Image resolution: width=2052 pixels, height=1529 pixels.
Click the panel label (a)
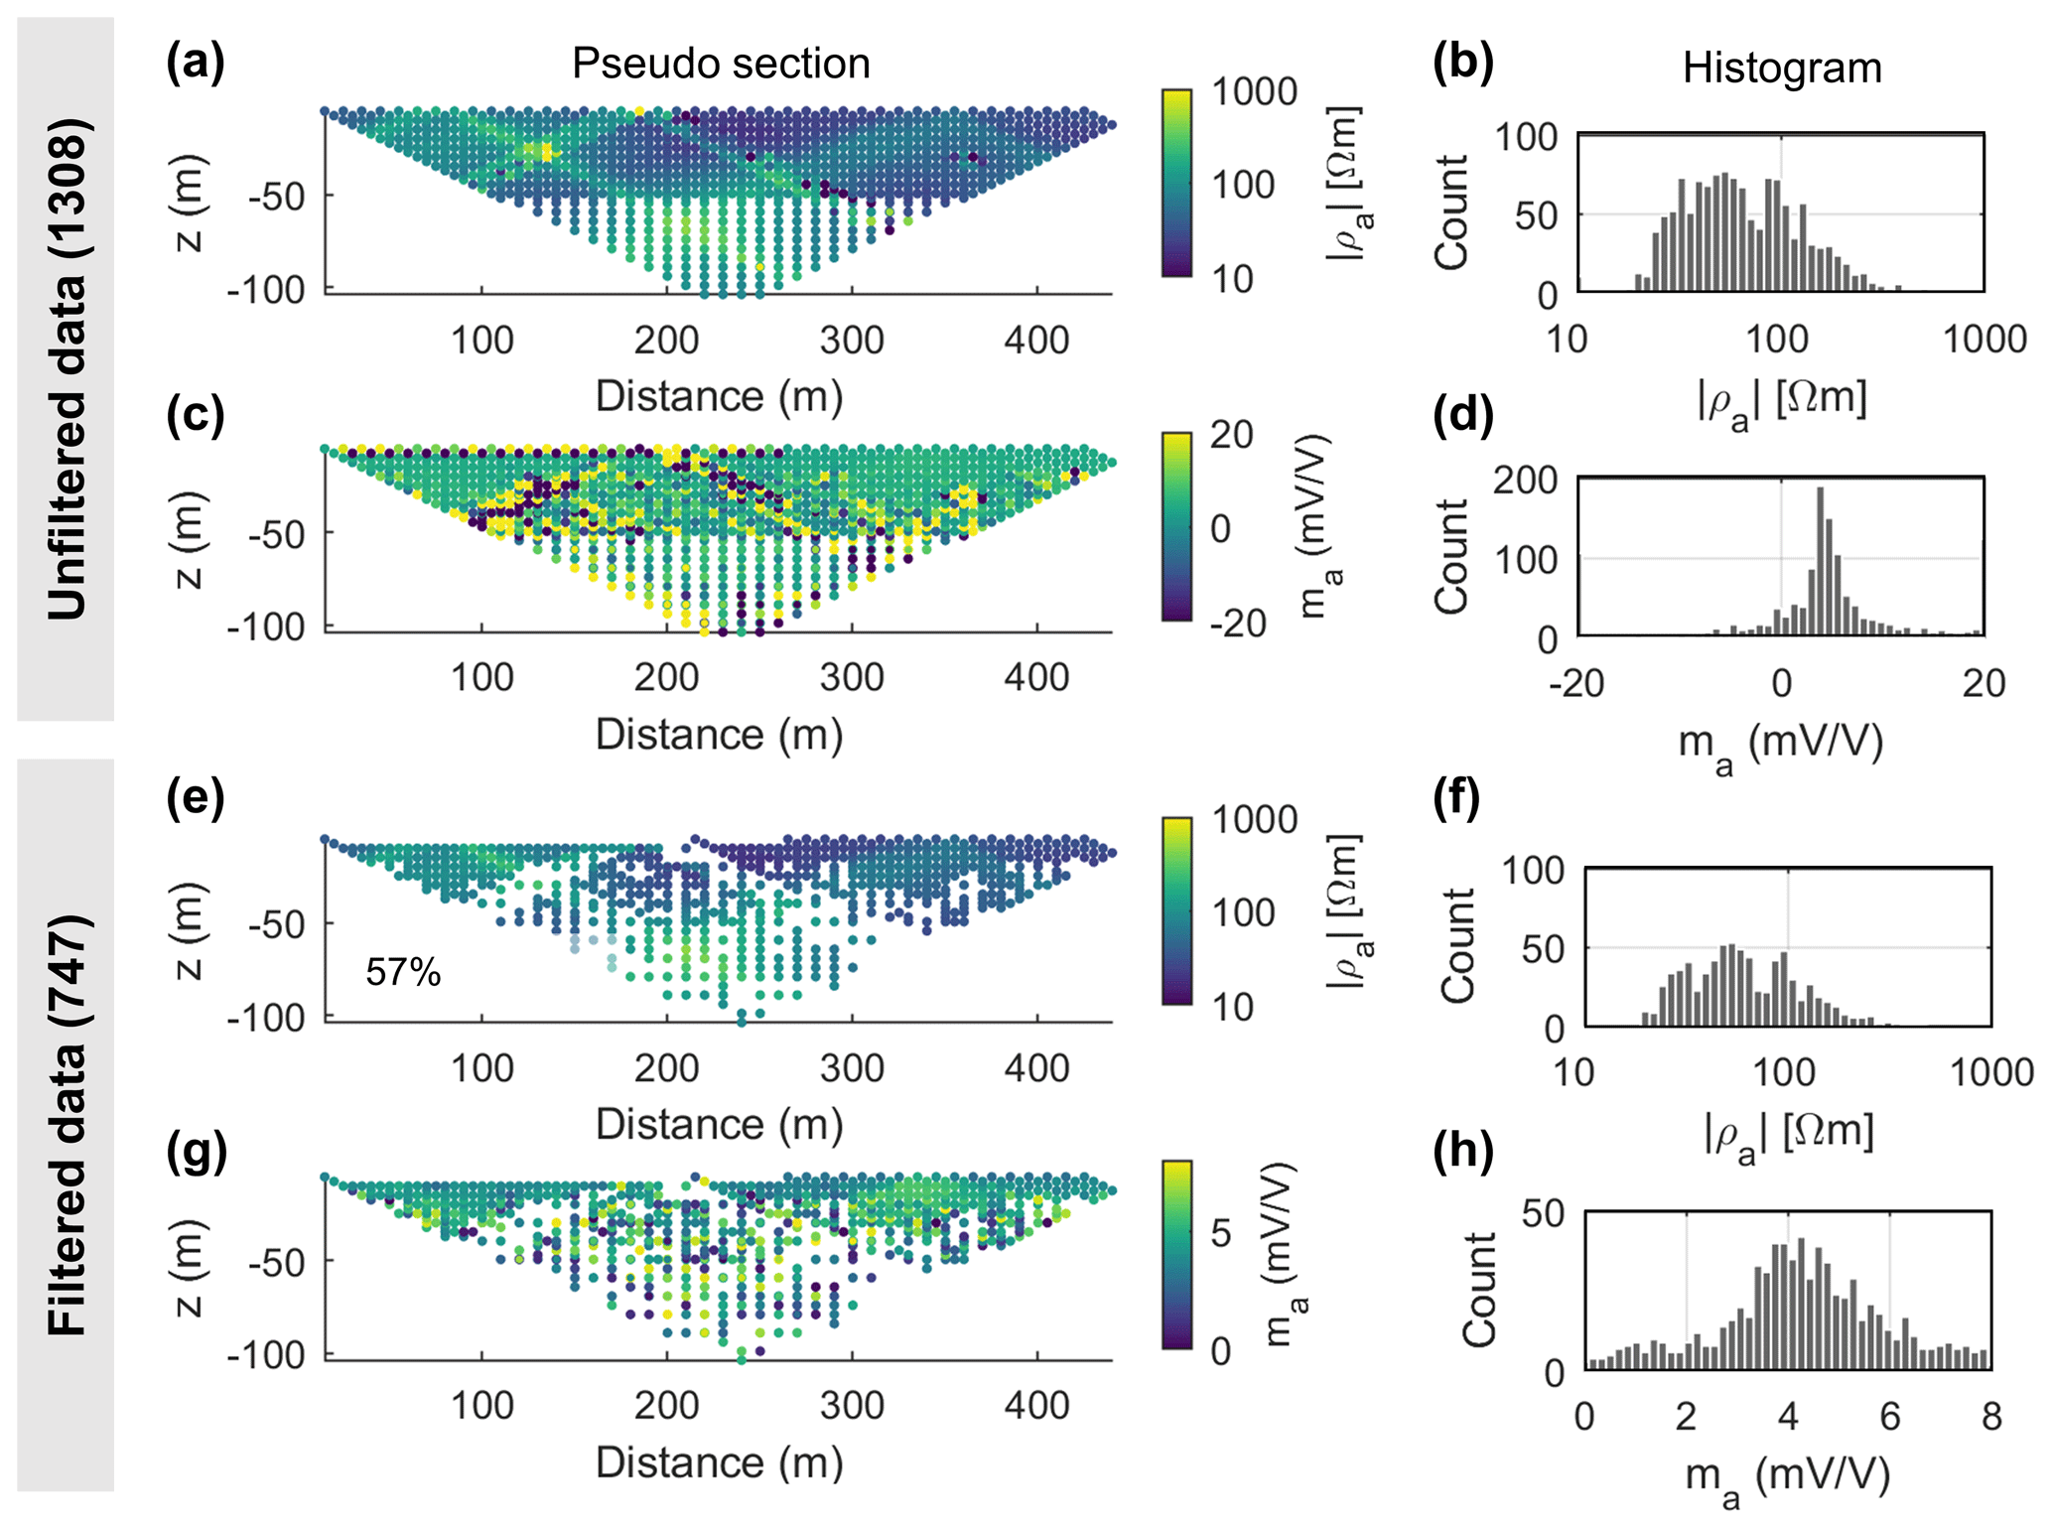coord(196,64)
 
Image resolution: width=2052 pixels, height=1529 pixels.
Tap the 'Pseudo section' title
coord(721,64)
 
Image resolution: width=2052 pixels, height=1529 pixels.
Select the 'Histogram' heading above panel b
coord(1782,69)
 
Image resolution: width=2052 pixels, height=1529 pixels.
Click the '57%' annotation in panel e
coord(403,972)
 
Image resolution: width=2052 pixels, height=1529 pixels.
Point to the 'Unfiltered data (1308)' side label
coord(67,369)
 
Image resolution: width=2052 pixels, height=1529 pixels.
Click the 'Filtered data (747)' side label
coord(67,1125)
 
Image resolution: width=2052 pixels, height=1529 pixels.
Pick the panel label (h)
coord(1462,1152)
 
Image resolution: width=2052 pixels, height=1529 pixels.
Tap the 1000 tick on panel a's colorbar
coord(1255,92)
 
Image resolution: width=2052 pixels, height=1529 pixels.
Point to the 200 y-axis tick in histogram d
coord(1526,481)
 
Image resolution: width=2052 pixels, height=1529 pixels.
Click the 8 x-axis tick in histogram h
coord(1991,1417)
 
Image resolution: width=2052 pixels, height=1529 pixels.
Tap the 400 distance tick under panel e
coord(1036,1068)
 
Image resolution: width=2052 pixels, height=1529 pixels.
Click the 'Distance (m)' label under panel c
coord(719,735)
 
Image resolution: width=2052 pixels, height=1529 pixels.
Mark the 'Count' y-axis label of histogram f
coord(1457,946)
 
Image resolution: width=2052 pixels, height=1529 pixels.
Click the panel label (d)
coord(1462,416)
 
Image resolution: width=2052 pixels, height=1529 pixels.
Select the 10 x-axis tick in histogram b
coord(1567,340)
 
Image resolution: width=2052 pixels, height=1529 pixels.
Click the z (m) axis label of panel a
coord(189,204)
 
